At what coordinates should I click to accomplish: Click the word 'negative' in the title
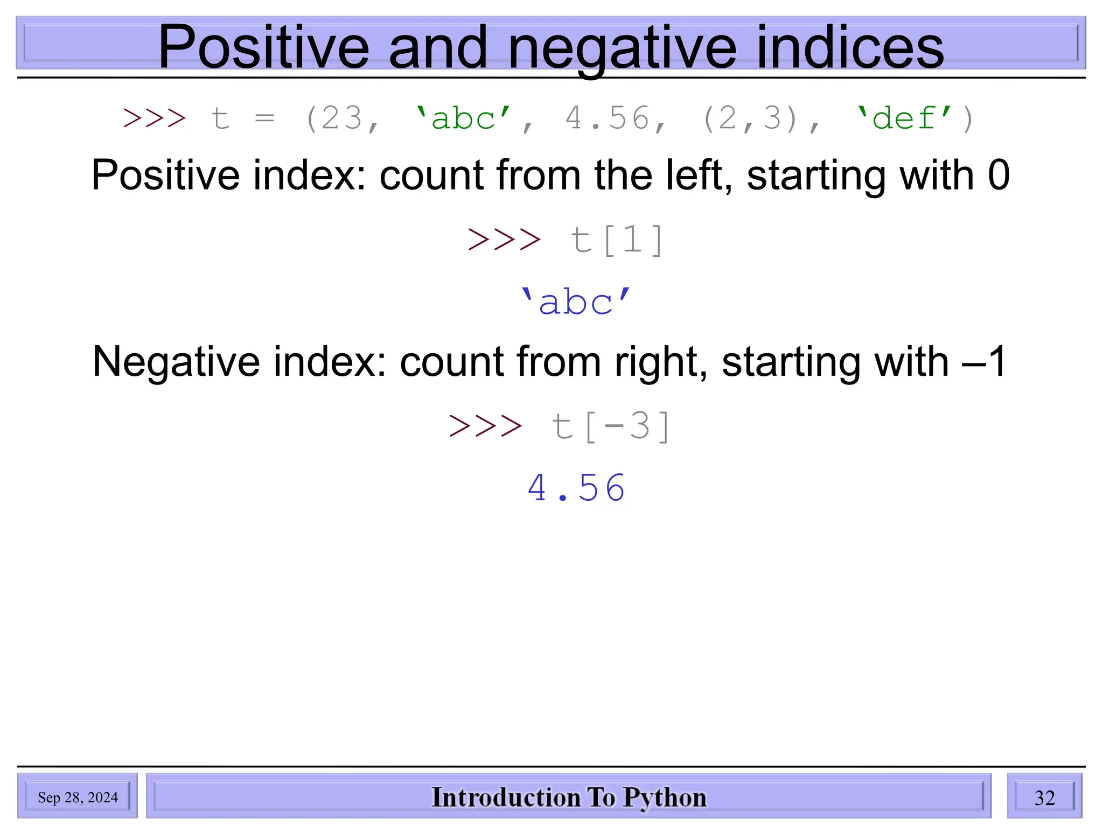(x=622, y=48)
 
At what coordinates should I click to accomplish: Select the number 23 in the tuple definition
(x=341, y=118)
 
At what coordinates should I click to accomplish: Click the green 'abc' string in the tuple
(x=463, y=118)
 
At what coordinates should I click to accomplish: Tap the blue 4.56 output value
(x=576, y=488)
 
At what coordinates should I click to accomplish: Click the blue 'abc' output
(x=575, y=302)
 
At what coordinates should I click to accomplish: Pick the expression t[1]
(x=617, y=240)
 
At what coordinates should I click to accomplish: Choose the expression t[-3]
(x=612, y=426)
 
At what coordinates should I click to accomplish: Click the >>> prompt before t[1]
(x=504, y=240)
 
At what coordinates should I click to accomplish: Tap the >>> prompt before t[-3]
(x=485, y=426)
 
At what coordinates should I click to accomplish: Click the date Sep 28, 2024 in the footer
(x=78, y=797)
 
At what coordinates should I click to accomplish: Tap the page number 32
(x=1044, y=797)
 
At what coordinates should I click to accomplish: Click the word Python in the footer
(x=665, y=797)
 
